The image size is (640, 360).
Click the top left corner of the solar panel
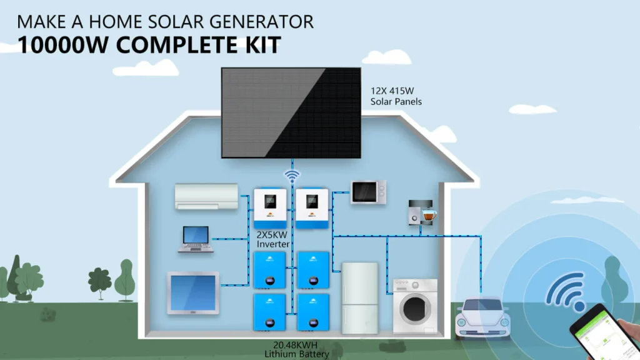(222, 68)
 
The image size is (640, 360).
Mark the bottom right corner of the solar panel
(361, 158)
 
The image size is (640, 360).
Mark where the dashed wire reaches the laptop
(212, 239)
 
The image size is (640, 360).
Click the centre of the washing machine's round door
(415, 309)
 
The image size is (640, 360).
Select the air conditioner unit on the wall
(206, 196)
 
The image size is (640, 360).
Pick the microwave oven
(368, 192)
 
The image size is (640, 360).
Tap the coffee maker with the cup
(422, 212)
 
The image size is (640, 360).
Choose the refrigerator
(359, 298)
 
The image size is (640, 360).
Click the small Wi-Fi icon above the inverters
(292, 176)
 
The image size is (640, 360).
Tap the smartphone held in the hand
(604, 333)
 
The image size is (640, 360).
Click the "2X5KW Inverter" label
(273, 239)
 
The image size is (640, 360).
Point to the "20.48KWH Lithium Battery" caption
(296, 350)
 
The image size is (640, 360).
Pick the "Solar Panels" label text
(396, 102)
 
